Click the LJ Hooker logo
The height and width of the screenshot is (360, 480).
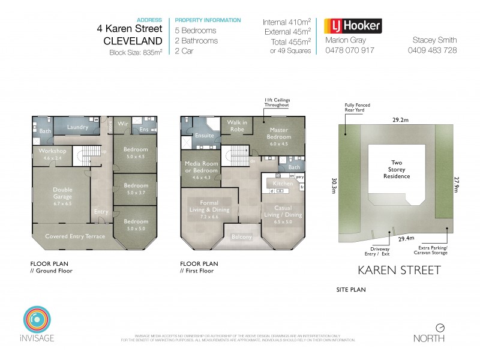pos(353,26)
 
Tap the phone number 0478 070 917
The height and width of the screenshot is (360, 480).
pos(349,50)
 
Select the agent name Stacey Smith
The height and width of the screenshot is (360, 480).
pos(435,40)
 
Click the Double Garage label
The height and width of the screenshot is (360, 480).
pos(63,193)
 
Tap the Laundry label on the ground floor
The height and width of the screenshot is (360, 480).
pos(79,127)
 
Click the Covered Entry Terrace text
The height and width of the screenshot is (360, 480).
pos(75,236)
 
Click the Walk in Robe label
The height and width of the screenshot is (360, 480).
pos(235,125)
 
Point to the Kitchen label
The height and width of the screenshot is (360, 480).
pos(283,183)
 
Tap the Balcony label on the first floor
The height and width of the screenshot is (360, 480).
pos(242,237)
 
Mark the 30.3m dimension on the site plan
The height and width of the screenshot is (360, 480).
pos(334,182)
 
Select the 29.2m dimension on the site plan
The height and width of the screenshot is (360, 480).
pos(401,120)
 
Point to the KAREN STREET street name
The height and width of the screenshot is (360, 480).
pos(399,270)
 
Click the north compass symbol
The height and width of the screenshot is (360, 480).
pos(440,328)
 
